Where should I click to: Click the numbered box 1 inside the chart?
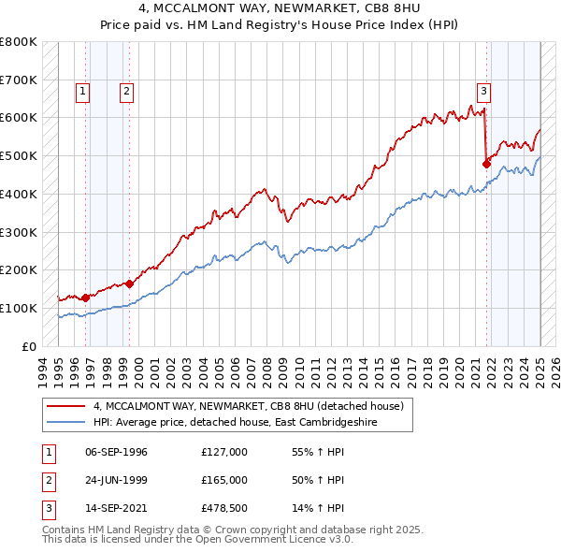pos(83,91)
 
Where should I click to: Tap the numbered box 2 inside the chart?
pos(125,91)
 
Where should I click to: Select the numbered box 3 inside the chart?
pos(483,91)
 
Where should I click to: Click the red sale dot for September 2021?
pos(486,163)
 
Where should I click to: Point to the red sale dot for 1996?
pos(85,298)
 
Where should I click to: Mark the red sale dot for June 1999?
pos(129,283)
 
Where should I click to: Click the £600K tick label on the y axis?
pos(19,118)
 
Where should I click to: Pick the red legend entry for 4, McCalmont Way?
pos(248,406)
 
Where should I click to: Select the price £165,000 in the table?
pos(224,480)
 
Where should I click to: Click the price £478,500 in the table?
pos(224,508)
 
